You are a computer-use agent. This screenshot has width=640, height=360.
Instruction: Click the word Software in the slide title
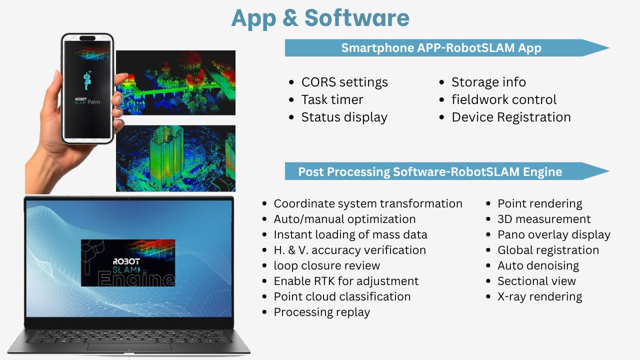coord(357,18)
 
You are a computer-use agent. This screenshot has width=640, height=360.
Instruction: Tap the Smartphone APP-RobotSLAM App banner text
coord(441,48)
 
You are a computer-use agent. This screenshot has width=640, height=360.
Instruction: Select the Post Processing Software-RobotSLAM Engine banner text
coord(430,171)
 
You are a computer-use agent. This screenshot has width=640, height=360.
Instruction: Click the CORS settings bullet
coord(344,82)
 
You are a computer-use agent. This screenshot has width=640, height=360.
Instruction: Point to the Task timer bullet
coord(332,99)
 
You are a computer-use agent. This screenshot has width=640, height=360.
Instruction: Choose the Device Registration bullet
coord(511,117)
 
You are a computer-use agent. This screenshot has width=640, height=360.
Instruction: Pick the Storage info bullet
coord(488,82)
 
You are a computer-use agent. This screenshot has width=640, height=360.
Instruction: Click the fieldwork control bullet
coord(504,99)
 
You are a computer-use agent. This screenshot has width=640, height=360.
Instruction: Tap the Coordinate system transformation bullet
coord(368,203)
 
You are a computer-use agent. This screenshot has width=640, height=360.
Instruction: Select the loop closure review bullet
coord(327,265)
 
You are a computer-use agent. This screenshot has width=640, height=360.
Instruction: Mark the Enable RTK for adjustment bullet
coord(346,281)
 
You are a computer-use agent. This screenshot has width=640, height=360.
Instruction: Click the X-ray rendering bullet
coord(539,297)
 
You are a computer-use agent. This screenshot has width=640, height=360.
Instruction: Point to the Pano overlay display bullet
coord(554,235)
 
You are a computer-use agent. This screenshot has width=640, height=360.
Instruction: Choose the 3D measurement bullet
coord(544,219)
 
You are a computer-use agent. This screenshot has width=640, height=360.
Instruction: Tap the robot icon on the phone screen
coord(87,80)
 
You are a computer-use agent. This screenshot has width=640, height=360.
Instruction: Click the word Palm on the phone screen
coord(93,102)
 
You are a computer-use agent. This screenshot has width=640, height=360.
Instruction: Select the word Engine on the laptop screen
coord(136,278)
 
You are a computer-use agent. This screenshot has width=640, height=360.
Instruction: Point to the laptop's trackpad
coord(129,347)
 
